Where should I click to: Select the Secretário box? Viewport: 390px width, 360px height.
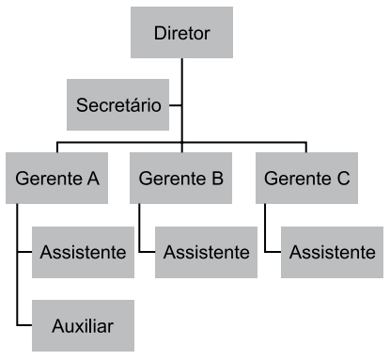click(117, 104)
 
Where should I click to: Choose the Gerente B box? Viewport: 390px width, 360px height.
click(181, 177)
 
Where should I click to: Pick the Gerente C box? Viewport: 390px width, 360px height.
click(306, 177)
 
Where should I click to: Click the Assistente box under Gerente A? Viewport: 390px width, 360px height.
click(83, 251)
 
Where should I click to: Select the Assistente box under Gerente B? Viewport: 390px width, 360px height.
click(207, 251)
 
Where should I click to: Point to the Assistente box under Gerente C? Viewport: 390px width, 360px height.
click(333, 251)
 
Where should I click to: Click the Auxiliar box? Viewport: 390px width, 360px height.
click(83, 326)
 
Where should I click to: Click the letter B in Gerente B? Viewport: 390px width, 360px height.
click(217, 177)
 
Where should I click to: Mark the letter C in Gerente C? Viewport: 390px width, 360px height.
click(343, 177)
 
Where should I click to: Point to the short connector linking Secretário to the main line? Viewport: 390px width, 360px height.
click(176, 104)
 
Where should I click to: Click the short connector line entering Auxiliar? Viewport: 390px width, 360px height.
click(25, 326)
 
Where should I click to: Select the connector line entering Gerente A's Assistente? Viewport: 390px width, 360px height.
click(25, 251)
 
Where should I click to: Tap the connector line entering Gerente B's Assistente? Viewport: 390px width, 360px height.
click(148, 251)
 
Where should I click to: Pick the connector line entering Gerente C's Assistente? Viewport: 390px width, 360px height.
click(273, 251)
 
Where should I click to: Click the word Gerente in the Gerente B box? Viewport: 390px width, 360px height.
click(171, 177)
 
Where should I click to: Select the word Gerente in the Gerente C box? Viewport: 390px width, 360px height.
click(296, 177)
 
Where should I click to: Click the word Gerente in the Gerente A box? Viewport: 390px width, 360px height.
click(47, 177)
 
